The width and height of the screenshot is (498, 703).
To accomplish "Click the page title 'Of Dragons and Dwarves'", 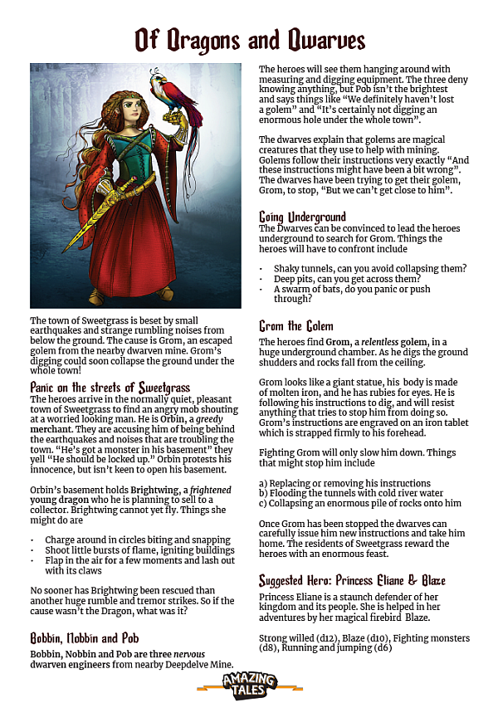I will [249, 39].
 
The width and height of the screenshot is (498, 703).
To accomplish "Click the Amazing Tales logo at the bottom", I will [249, 684].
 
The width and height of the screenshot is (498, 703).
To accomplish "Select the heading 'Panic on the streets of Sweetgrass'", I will [110, 388].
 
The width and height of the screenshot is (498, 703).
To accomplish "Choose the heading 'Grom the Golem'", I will [296, 326].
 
